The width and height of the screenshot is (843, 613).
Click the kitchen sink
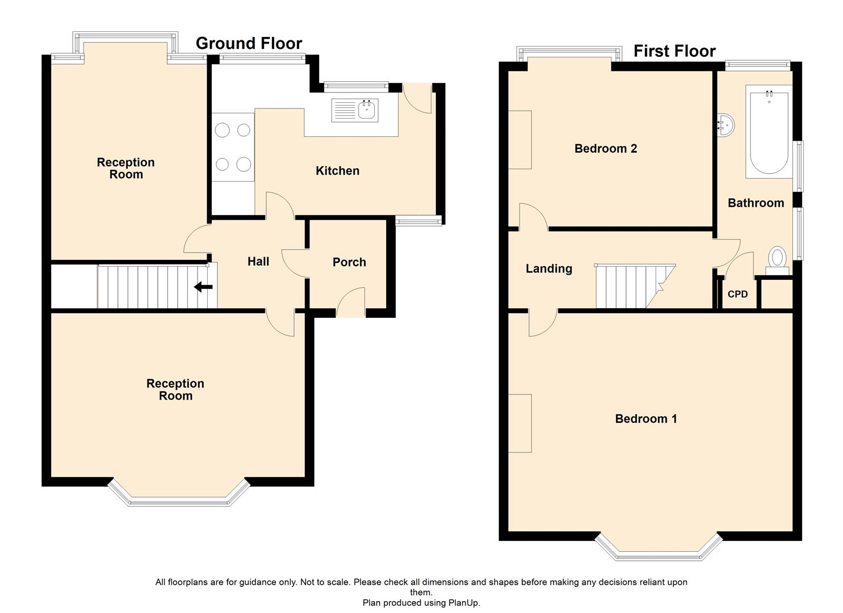click(x=355, y=110)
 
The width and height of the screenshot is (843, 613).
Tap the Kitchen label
click(x=337, y=171)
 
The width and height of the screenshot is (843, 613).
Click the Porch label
click(x=349, y=262)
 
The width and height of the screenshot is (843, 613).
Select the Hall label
click(x=258, y=262)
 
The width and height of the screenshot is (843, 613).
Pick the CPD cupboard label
click(x=737, y=294)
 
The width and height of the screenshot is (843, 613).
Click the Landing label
click(x=548, y=269)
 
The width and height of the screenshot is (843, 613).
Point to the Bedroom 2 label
click(x=605, y=149)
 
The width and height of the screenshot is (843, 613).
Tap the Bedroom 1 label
click(x=645, y=419)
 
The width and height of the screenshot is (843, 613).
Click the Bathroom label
click(x=756, y=203)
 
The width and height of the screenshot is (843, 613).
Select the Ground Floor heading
click(x=249, y=43)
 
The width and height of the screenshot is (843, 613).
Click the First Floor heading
click(x=674, y=51)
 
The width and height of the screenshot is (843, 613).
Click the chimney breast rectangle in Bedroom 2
click(x=519, y=140)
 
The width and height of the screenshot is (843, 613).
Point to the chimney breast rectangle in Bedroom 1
click(x=519, y=423)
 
